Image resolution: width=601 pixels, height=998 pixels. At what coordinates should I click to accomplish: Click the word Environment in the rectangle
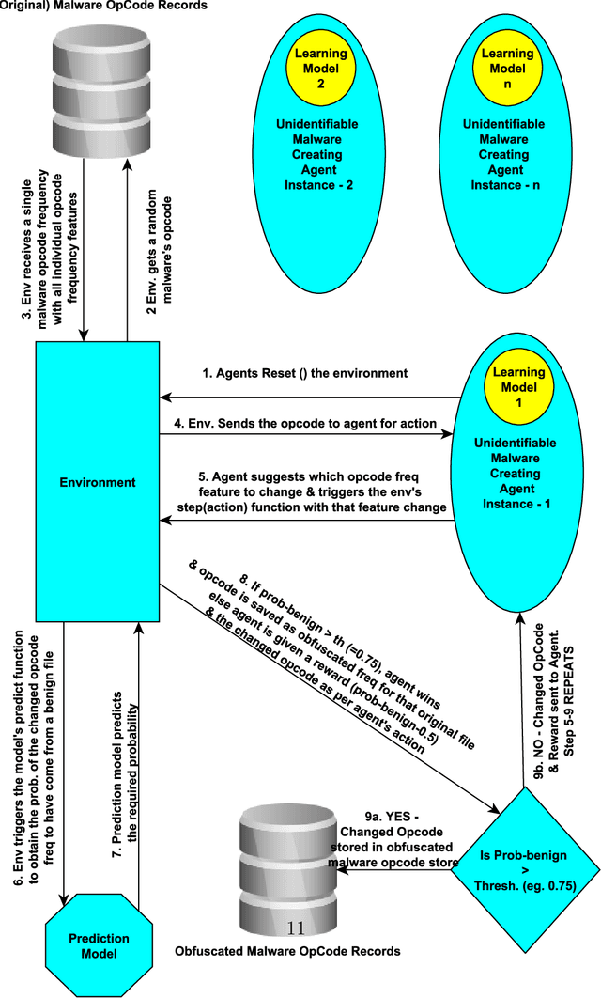click(99, 483)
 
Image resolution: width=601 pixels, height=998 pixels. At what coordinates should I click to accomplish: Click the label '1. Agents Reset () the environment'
click(305, 373)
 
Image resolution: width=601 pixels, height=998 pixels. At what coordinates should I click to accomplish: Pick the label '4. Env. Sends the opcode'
click(305, 424)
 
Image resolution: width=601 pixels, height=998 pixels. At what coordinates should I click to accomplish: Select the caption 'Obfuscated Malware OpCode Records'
click(287, 951)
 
